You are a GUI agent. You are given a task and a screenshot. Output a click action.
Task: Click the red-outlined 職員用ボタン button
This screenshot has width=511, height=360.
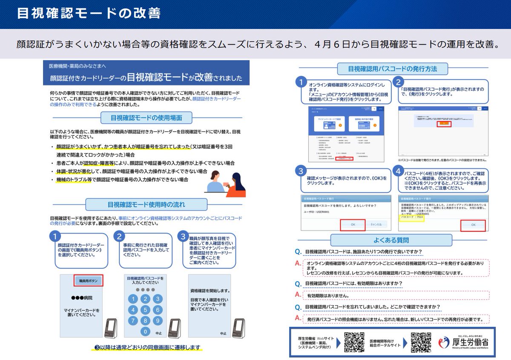click(x=88, y=281)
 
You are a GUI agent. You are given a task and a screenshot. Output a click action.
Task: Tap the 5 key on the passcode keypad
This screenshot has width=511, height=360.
click(x=145, y=309)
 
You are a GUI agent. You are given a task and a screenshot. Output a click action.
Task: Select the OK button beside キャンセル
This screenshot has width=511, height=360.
click(x=353, y=225)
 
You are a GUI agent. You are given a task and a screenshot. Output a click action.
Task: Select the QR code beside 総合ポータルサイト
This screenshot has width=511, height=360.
click(x=421, y=342)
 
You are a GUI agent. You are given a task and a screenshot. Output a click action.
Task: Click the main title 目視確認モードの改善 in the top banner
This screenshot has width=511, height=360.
click(x=89, y=13)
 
